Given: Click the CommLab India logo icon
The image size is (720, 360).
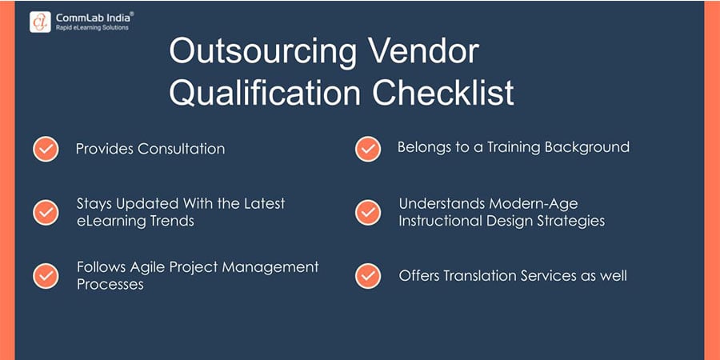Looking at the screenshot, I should point(40,22).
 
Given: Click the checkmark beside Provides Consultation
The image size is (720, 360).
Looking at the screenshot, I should point(46,149).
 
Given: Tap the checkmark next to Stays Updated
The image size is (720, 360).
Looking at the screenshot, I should point(46,212).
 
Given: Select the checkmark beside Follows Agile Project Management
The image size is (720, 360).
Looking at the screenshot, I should point(46,275).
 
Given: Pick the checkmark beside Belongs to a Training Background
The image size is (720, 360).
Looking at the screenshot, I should point(367,149).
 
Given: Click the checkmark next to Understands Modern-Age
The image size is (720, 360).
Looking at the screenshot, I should point(367,212).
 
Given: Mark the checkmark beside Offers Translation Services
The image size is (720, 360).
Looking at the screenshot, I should point(367,275).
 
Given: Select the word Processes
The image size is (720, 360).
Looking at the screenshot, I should point(110,284).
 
